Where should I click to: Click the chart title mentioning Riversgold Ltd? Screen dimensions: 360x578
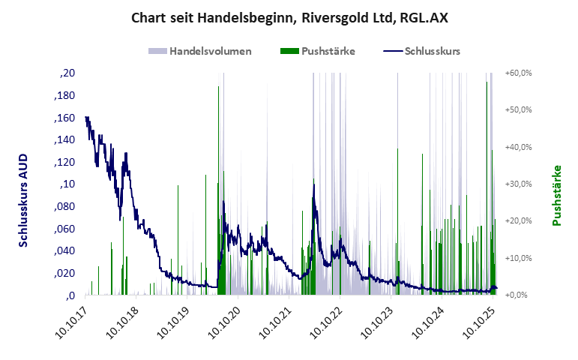coord(289,16)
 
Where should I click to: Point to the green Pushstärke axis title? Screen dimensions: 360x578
coord(556,196)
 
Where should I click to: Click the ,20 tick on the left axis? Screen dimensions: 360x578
coord(67,73)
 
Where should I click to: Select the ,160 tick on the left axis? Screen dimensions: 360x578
coord(64,118)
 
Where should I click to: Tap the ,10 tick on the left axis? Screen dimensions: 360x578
coord(67,184)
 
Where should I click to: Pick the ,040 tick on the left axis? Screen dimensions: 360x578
coord(64,250)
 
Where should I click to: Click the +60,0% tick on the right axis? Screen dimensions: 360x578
coord(519,73)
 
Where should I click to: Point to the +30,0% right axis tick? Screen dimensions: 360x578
coord(519,184)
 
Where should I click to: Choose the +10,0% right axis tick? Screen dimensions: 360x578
coord(519,258)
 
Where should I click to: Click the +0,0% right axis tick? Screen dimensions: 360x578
coord(519,295)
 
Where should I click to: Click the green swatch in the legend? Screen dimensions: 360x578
coord(289,51)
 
